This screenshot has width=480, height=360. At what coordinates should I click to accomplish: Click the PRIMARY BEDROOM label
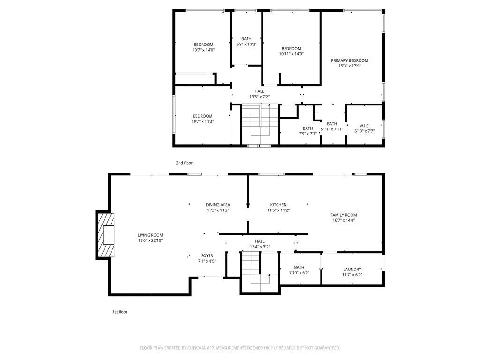pyautogui.click(x=349, y=60)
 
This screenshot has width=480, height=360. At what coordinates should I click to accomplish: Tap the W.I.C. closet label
pyautogui.click(x=364, y=126)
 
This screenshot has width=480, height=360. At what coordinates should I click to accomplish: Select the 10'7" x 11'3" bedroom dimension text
pyautogui.click(x=202, y=122)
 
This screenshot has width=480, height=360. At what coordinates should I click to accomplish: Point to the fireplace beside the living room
pyautogui.click(x=106, y=235)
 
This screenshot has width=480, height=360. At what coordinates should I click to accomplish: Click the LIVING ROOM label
pyautogui.click(x=150, y=235)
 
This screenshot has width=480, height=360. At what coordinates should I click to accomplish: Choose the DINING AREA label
pyautogui.click(x=218, y=205)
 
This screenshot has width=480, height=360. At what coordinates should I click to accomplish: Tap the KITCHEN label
pyautogui.click(x=278, y=205)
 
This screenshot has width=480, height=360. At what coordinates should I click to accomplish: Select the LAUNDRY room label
pyautogui.click(x=352, y=270)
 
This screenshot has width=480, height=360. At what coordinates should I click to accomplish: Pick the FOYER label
pyautogui.click(x=207, y=256)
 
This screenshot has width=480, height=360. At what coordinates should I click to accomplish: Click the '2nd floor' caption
pyautogui.click(x=184, y=163)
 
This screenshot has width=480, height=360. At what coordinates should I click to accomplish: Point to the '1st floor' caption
pyautogui.click(x=120, y=312)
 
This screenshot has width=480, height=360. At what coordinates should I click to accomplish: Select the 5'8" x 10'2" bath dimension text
pyautogui.click(x=247, y=45)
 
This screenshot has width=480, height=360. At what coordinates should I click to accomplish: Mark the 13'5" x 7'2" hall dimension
pyautogui.click(x=259, y=97)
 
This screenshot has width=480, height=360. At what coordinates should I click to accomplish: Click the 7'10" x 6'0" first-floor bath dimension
pyautogui.click(x=299, y=273)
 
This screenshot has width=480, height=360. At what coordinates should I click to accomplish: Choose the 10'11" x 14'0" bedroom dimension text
pyautogui.click(x=291, y=54)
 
